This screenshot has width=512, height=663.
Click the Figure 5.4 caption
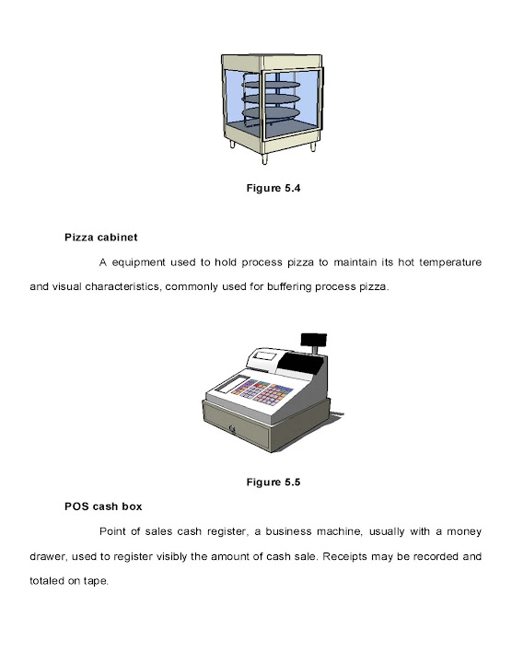(x=273, y=188)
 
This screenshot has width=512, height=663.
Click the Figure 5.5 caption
(x=273, y=483)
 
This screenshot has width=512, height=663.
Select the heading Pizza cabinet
(x=101, y=238)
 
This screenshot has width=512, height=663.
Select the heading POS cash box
(x=103, y=506)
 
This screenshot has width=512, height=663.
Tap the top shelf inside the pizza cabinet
(x=271, y=85)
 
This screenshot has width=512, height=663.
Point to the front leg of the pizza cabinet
(x=264, y=158)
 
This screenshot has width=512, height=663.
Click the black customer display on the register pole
(x=314, y=340)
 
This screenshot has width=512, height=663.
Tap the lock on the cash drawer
(x=232, y=429)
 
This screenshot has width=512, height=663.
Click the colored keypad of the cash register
(x=262, y=392)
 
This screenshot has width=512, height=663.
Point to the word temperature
(x=450, y=262)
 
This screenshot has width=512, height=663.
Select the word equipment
(x=138, y=262)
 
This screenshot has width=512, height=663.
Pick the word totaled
(x=47, y=581)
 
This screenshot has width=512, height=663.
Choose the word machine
(x=340, y=531)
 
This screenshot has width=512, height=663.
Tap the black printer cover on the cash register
(x=300, y=363)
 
